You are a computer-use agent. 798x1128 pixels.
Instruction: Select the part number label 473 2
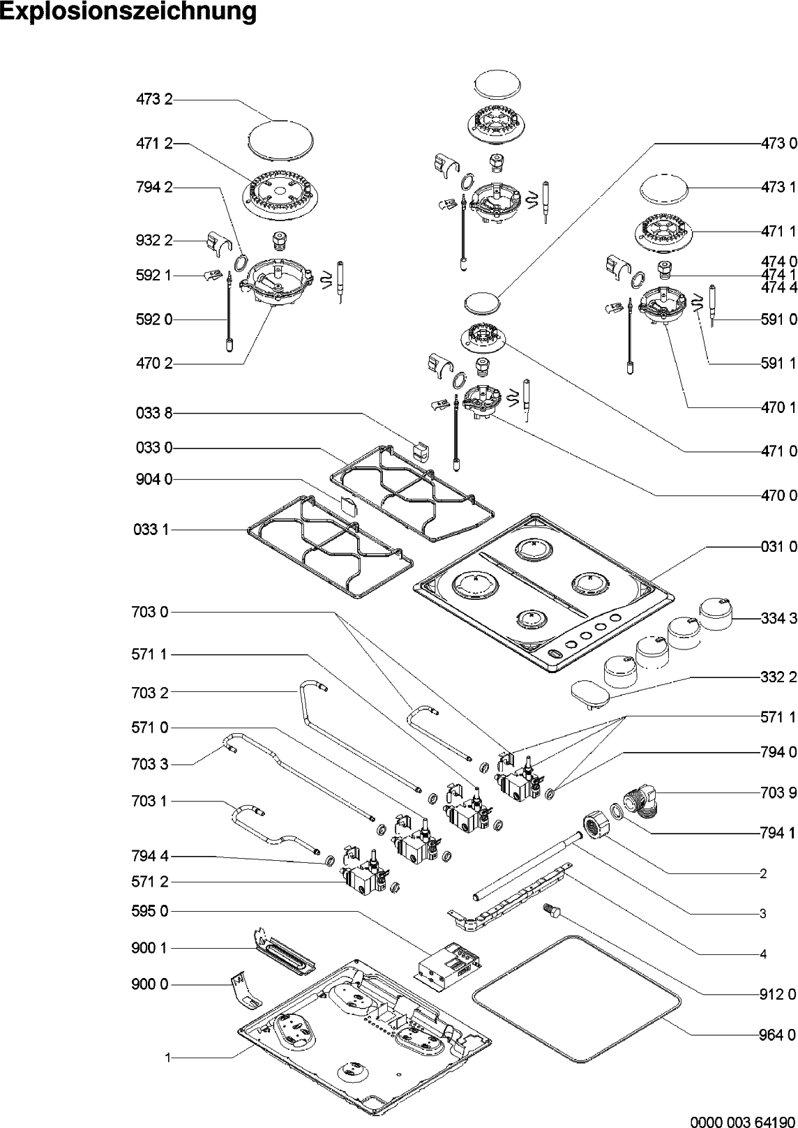[154, 100]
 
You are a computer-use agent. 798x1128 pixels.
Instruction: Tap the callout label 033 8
[154, 414]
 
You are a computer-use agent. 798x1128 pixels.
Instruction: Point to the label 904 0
[154, 479]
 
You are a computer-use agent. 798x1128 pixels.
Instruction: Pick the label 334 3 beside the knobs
[779, 618]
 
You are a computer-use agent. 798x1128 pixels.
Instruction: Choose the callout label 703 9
[779, 793]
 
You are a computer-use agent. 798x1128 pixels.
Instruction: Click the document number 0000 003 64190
[744, 1121]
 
